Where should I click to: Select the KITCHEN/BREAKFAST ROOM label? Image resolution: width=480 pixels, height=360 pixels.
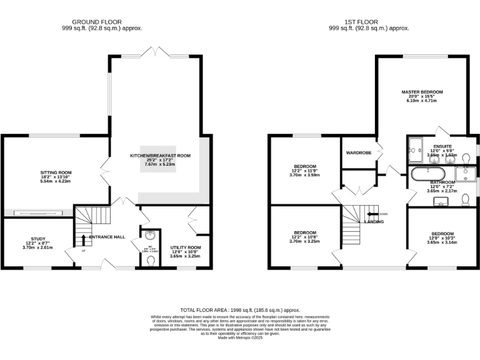coord(160,156)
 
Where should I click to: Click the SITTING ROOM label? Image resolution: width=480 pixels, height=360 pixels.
coord(56,172)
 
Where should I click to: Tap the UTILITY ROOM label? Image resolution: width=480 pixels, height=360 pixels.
coord(186,247)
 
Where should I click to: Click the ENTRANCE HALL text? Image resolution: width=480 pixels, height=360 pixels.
coord(107,237)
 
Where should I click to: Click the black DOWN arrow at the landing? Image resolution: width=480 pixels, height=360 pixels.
coord(372,214)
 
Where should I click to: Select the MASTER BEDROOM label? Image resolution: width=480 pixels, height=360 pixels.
coord(422,92)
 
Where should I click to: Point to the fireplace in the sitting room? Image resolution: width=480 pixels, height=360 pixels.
coord(37,212)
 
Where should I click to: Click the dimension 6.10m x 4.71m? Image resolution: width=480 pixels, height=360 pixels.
coord(422,101)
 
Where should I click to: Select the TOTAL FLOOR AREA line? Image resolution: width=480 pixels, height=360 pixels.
coord(240,310)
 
